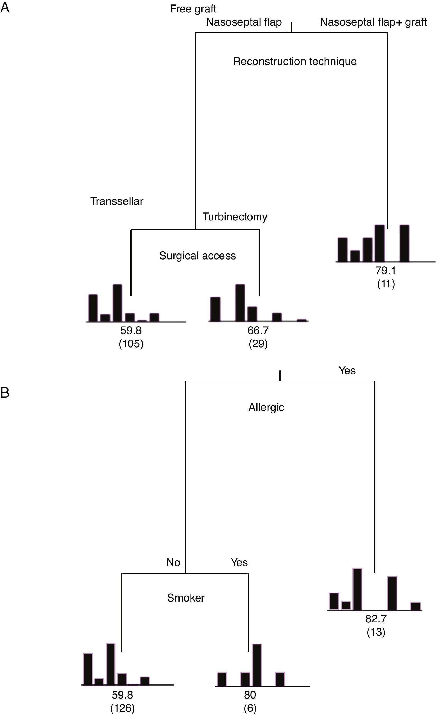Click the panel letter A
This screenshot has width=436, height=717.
click(5, 8)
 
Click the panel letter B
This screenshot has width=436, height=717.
click(5, 393)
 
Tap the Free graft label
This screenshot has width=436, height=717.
click(193, 9)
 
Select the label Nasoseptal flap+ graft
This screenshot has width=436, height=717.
click(373, 22)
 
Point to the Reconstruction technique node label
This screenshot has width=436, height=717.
click(295, 61)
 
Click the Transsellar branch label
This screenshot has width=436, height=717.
click(117, 201)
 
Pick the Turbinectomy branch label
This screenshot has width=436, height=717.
click(235, 217)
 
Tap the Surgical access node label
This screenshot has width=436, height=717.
click(197, 256)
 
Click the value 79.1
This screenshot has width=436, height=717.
click(386, 271)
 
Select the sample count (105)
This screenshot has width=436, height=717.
click(131, 344)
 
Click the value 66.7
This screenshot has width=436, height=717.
click(258, 331)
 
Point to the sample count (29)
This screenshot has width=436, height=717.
click(258, 344)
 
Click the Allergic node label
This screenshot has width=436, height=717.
click(266, 407)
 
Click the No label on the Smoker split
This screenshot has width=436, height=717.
click(173, 562)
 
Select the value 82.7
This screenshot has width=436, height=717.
click(376, 619)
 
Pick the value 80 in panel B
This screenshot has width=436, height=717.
click(250, 695)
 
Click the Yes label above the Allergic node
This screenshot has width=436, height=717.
click(347, 371)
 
